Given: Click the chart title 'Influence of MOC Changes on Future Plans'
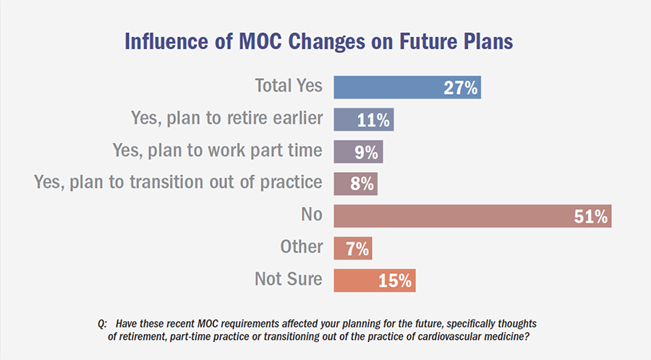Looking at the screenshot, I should (319, 41).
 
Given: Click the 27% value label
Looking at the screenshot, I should (461, 88).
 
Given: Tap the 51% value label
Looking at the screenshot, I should (592, 215).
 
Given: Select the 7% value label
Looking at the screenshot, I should (357, 248).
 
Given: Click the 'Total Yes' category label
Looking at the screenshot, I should (289, 86).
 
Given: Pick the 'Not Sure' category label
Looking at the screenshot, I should (288, 278).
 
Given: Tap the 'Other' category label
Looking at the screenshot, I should (301, 247).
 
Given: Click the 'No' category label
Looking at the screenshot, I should (312, 215).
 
